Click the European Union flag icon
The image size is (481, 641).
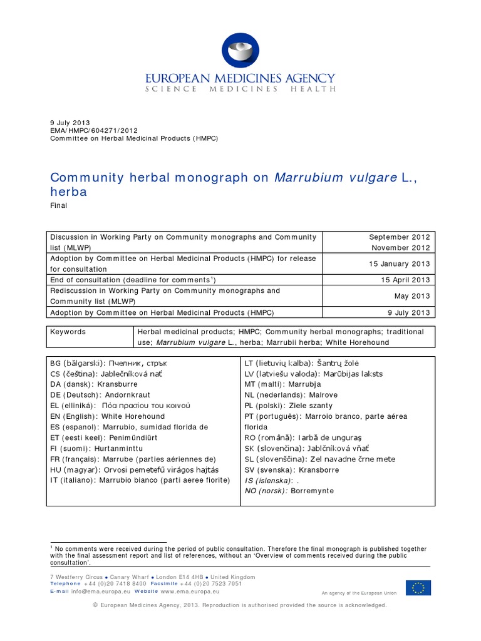click(x=418, y=588)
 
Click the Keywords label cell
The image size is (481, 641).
click(x=68, y=332)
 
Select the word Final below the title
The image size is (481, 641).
click(x=58, y=205)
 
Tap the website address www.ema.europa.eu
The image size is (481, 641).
click(x=190, y=591)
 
